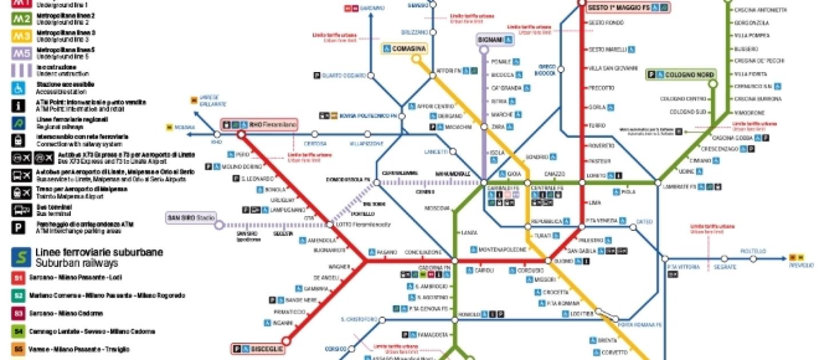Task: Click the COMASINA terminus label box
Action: (404, 49)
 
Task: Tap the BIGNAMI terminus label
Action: (495, 40)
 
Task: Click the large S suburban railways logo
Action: (18, 258)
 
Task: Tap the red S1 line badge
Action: (18, 278)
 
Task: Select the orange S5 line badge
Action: (18, 349)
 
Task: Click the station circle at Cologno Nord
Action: (712, 84)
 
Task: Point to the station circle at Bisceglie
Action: (287, 342)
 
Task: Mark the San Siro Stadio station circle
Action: (219, 225)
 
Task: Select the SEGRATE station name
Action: (725, 267)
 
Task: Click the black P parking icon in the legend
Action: (18, 228)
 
